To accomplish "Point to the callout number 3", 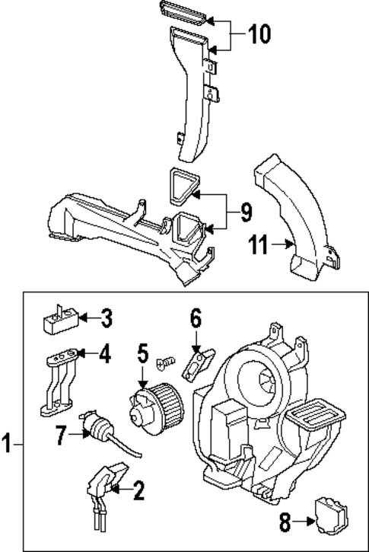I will point(107,317).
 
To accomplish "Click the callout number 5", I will point(142,353).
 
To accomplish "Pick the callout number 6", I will point(196,318).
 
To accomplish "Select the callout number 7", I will point(62,436).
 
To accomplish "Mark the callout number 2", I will point(138,492).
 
